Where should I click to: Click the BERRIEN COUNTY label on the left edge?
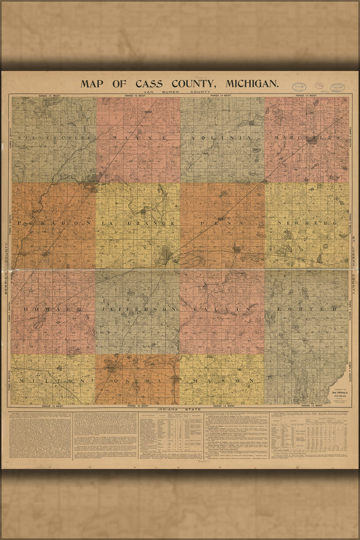[x=6, y=267]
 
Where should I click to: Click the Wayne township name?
[x=139, y=138]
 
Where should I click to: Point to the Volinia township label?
[x=222, y=138]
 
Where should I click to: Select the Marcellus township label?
[x=307, y=138]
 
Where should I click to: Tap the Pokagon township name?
[x=52, y=223]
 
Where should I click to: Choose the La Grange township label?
[x=138, y=223]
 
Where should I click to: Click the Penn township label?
[x=222, y=223]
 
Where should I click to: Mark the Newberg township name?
[x=307, y=223]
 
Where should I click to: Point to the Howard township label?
[x=52, y=309]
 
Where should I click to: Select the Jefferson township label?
[x=138, y=309]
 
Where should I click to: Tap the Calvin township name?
[x=222, y=309]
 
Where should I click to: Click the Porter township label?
[x=307, y=309]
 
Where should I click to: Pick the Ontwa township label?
[x=138, y=381]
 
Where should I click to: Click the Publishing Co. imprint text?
[x=337, y=393]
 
